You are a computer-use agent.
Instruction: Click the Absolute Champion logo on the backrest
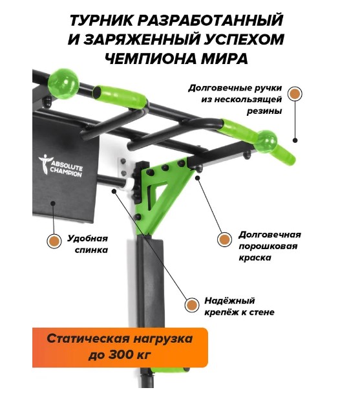tap(61, 166)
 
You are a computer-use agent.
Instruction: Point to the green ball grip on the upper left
tap(63, 83)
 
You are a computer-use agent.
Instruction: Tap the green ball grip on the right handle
tap(266, 142)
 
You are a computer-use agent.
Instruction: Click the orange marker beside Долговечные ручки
tap(295, 94)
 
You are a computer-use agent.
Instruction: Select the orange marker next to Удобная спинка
tap(54, 241)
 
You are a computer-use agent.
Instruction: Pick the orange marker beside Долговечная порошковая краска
tap(224, 239)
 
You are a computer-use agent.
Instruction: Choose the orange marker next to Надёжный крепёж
tap(192, 305)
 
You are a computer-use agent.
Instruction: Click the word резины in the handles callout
tap(264, 111)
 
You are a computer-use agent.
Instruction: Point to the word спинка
tap(91, 250)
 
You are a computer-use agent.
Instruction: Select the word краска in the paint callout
tap(255, 257)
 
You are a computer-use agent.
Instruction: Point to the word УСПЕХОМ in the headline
tap(242, 39)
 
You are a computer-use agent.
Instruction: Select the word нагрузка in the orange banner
tap(163, 340)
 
